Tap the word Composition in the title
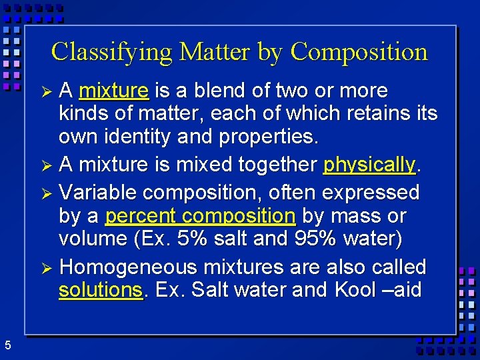pos(359,52)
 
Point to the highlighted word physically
pos(369,164)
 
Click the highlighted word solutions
pos(101,291)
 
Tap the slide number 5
pos(7,345)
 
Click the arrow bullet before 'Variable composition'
pos(46,193)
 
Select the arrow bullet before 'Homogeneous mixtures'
pos(46,267)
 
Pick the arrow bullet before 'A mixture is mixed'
pos(46,165)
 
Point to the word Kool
pos(357,291)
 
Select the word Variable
pos(97,193)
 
